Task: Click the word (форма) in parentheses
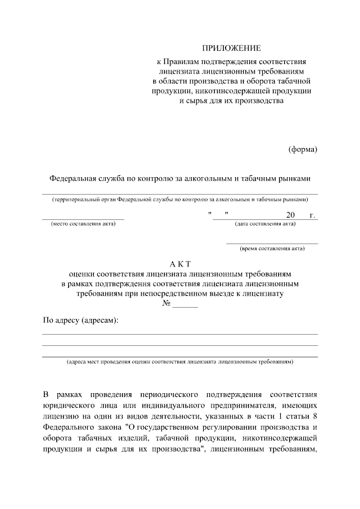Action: pyautogui.click(x=303, y=149)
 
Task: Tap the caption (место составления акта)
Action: pyautogui.click(x=83, y=224)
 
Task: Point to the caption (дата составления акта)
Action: pyautogui.click(x=265, y=224)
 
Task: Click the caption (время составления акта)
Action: pyautogui.click(x=272, y=248)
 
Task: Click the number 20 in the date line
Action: pyautogui.click(x=290, y=215)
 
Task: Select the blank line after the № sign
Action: pyautogui.click(x=185, y=307)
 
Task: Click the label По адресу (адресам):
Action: pyautogui.click(x=81, y=320)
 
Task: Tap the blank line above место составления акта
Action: pyautogui.click(x=83, y=219)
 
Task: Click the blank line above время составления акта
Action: pyautogui.click(x=272, y=243)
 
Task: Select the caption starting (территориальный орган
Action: pyautogui.click(x=180, y=199)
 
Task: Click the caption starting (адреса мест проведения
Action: pyautogui.click(x=180, y=363)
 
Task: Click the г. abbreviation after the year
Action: pyautogui.click(x=312, y=215)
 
